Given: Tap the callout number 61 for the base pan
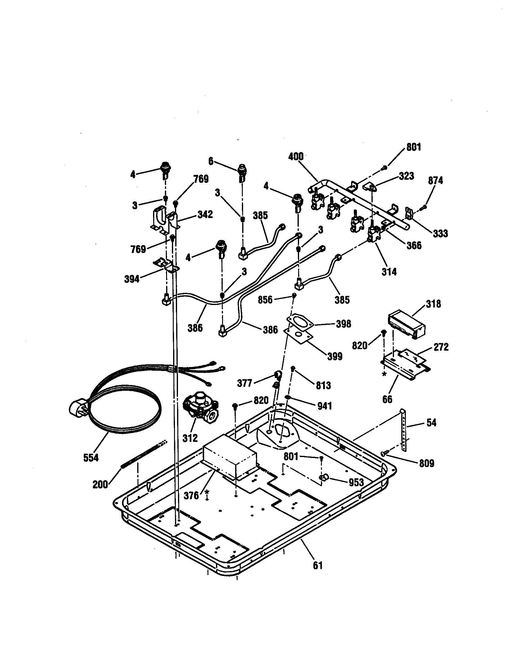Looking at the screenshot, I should (318, 565).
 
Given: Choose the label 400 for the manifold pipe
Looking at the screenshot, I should (296, 157).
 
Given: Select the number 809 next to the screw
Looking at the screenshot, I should (427, 463).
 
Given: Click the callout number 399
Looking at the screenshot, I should (335, 356).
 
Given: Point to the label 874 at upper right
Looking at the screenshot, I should (435, 181).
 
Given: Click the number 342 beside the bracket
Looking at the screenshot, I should (205, 214).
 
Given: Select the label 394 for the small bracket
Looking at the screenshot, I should (132, 279).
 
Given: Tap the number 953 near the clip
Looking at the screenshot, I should (356, 483).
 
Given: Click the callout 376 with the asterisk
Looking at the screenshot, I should (191, 495).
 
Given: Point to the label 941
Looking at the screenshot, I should (325, 406).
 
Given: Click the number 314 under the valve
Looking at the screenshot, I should (389, 271).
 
